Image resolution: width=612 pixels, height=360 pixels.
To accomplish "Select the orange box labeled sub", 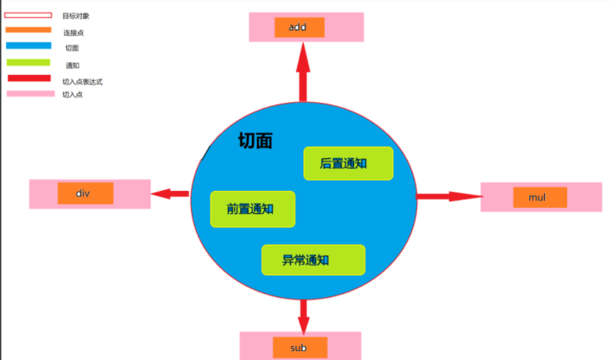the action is pyautogui.click(x=299, y=347).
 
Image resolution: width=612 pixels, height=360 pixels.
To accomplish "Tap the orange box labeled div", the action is pyautogui.click(x=85, y=193).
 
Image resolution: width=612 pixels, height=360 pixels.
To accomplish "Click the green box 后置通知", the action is pyautogui.click(x=348, y=163).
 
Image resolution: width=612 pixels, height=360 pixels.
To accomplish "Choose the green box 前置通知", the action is pyautogui.click(x=252, y=209).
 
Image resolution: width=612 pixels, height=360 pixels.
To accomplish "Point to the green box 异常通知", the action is pyautogui.click(x=313, y=259).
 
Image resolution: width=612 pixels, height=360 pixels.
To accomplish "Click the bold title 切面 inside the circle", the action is pyautogui.click(x=255, y=141).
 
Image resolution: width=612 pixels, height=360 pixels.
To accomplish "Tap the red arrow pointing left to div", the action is pyautogui.click(x=170, y=194).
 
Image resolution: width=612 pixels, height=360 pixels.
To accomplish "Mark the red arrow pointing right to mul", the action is pyautogui.click(x=449, y=196).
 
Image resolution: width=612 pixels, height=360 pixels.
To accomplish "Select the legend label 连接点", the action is pyautogui.click(x=73, y=33).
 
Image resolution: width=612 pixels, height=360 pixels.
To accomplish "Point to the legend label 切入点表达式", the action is pyautogui.click(x=82, y=82).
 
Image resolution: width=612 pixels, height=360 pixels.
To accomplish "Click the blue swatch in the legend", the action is pyautogui.click(x=29, y=46).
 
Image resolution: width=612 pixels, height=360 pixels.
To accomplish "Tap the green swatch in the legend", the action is pyautogui.click(x=29, y=62).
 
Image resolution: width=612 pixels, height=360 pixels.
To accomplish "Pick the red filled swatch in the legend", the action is pyautogui.click(x=29, y=79).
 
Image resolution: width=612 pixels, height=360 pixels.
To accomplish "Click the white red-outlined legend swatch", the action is pyautogui.click(x=29, y=15).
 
